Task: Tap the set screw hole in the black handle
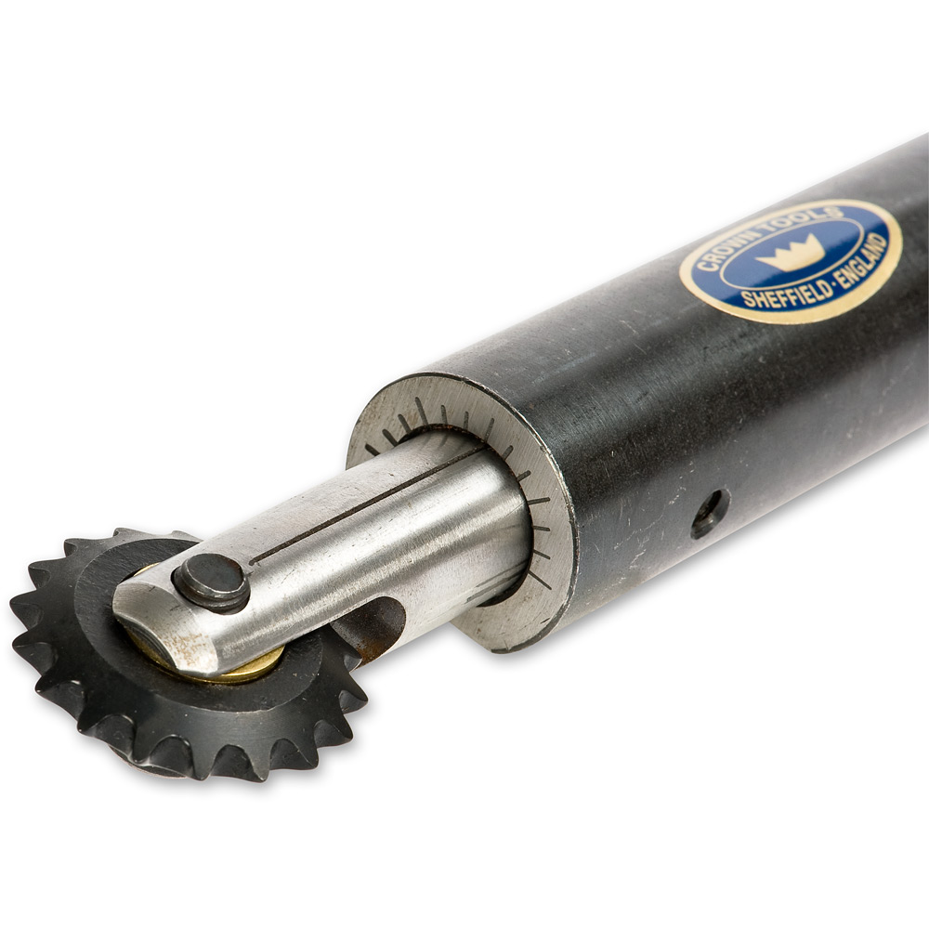[709, 513]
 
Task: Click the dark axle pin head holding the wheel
[212, 583]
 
